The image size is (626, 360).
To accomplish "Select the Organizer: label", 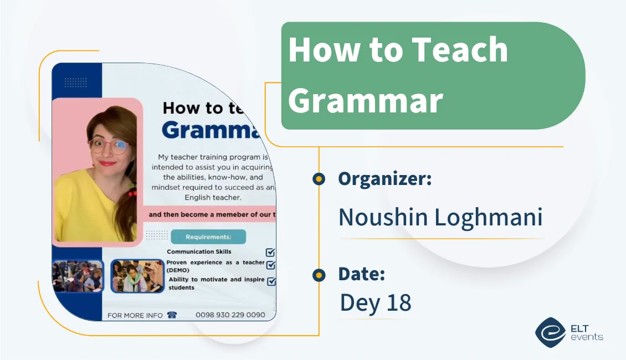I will (384, 179).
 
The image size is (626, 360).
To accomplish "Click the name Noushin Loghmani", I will (440, 217).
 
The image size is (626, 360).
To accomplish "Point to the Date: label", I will (361, 274).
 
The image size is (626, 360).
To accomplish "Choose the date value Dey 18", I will (375, 302).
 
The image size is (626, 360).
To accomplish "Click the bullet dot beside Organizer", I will (319, 178).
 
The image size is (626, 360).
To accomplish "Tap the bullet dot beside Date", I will (319, 275).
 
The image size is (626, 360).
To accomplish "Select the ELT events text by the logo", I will (586, 332).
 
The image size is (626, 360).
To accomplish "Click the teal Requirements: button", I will (208, 237).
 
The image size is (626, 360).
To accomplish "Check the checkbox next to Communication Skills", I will (270, 253).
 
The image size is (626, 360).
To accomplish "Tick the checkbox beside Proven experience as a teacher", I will (271, 265).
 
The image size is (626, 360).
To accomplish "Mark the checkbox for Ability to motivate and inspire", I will (271, 281).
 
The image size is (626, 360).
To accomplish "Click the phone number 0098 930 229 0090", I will (229, 315).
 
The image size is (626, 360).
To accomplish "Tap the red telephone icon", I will (172, 315).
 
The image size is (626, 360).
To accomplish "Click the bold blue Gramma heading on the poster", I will (211, 130).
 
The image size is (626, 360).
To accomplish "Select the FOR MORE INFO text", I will (135, 315).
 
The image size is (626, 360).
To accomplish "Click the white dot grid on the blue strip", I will (76, 83).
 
